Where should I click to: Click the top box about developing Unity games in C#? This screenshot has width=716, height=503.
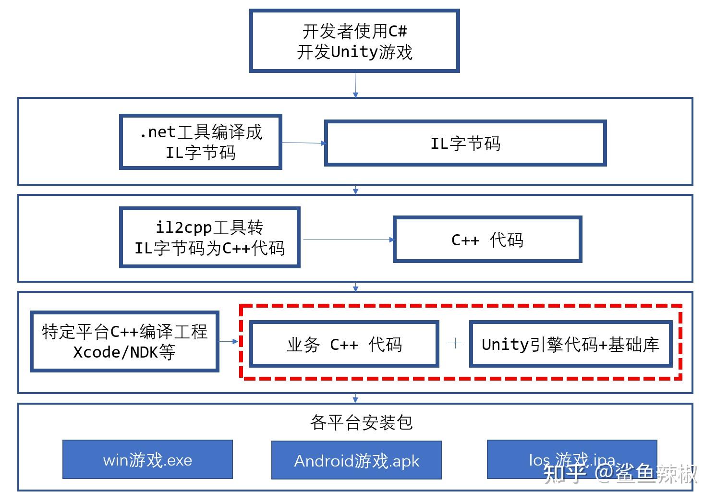pyautogui.click(x=354, y=41)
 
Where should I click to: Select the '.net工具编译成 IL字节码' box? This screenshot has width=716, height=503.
pyautogui.click(x=200, y=142)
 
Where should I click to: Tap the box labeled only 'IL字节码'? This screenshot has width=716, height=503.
pyautogui.click(x=465, y=144)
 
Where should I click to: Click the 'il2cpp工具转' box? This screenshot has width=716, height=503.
pyautogui.click(x=209, y=238)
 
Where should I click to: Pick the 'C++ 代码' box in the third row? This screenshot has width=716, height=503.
pyautogui.click(x=487, y=240)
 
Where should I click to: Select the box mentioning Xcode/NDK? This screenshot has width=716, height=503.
pyautogui.click(x=124, y=341)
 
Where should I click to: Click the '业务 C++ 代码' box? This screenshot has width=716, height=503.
pyautogui.click(x=344, y=344)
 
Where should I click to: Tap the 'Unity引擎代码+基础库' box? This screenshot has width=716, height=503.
pyautogui.click(x=570, y=344)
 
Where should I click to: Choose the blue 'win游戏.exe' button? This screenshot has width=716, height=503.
pyautogui.click(x=147, y=460)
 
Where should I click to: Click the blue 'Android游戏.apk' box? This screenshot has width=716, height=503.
pyautogui.click(x=356, y=460)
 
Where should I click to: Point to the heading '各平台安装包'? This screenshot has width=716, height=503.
pyautogui.click(x=361, y=422)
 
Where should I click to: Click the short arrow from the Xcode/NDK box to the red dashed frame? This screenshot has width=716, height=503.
pyautogui.click(x=229, y=341)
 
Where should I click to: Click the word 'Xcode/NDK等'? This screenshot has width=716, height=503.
pyautogui.click(x=124, y=352)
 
